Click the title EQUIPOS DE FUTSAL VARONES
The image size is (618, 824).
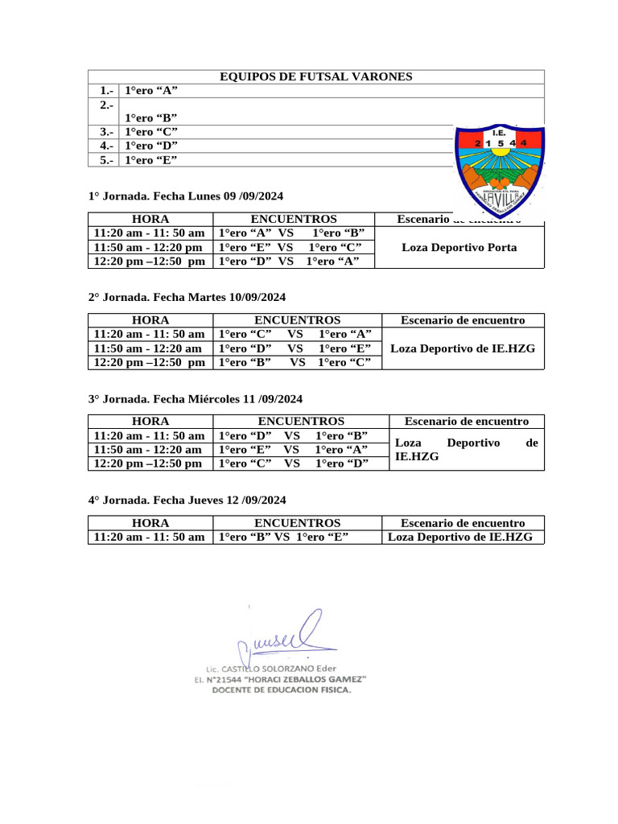(x=315, y=76)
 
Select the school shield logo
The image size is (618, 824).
(x=500, y=170)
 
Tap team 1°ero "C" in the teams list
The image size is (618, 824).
(x=150, y=131)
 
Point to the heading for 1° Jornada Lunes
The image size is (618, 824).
(x=186, y=196)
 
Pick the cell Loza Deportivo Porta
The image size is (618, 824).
(x=459, y=247)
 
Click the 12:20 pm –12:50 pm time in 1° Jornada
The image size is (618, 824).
(x=150, y=261)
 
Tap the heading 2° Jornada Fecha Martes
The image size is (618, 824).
(x=187, y=297)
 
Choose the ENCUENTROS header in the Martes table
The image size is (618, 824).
(x=297, y=319)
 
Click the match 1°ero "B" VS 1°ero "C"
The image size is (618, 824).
(x=295, y=362)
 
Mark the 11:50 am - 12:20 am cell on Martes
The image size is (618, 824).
(x=148, y=348)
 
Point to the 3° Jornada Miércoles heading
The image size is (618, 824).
(x=196, y=398)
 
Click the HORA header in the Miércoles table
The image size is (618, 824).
(x=150, y=421)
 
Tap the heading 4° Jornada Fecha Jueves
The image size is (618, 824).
(x=187, y=500)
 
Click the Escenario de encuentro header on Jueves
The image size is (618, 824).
(x=463, y=522)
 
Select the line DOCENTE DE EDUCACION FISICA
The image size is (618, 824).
(x=282, y=690)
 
